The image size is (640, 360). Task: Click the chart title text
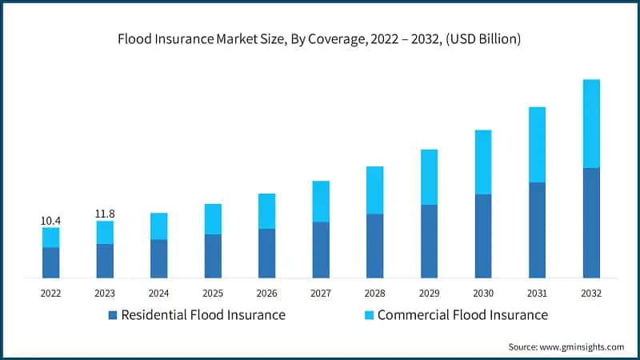[320, 38]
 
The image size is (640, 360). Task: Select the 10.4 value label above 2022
[50, 220]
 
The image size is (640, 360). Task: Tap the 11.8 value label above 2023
[105, 214]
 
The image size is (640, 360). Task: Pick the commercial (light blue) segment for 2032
[591, 123]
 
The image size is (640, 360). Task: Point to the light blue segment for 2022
[50, 238]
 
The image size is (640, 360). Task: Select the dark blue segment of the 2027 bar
[321, 250]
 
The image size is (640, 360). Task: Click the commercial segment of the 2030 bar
[483, 162]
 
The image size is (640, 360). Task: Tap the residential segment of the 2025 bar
[213, 256]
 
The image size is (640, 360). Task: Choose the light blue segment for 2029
[429, 177]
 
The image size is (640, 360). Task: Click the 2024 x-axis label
[158, 293]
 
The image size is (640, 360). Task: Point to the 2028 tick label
[375, 293]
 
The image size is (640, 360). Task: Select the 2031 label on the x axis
[537, 293]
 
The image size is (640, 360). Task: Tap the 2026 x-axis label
[266, 293]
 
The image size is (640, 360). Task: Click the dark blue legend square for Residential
[113, 315]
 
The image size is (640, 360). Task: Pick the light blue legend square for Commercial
[369, 315]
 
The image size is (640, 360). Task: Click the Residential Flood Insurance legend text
[202, 315]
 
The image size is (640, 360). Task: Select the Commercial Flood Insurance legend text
[462, 315]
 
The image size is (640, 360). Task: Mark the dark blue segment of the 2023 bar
[105, 261]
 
